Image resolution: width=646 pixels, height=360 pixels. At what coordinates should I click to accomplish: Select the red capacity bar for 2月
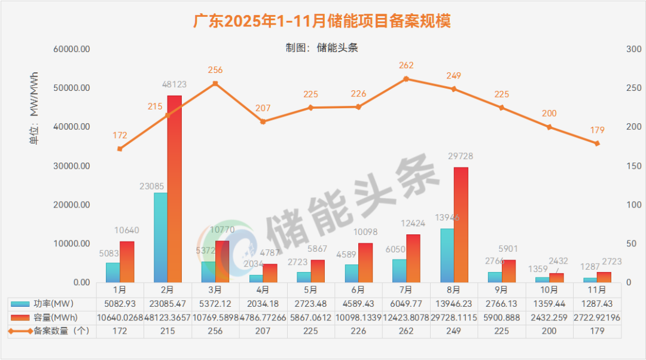tap(174, 189)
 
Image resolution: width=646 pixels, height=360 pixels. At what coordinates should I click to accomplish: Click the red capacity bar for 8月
tap(461, 225)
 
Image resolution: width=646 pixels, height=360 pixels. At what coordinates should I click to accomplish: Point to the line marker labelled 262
tap(406, 79)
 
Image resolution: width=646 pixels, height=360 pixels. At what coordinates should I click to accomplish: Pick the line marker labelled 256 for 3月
tap(215, 84)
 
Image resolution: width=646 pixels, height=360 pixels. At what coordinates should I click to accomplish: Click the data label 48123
tap(174, 85)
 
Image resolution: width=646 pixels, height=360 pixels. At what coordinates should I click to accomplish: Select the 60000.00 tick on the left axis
tap(71, 49)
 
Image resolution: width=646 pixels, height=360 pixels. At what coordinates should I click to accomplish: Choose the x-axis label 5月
tap(311, 289)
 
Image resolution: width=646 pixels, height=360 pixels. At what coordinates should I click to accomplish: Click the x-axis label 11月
tap(597, 289)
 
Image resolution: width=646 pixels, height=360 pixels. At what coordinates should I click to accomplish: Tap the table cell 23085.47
tap(168, 304)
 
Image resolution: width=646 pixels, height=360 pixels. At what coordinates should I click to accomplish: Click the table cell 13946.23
tap(454, 304)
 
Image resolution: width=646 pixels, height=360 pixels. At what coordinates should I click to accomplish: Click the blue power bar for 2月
tap(160, 237)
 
